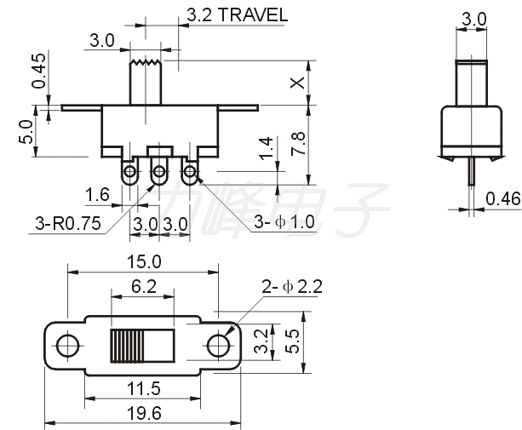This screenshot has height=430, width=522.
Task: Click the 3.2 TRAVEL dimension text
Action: [237, 15]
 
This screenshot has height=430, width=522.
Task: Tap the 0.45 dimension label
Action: [38, 71]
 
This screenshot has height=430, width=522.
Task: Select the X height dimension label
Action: [297, 83]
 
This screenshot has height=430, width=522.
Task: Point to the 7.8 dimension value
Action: [298, 143]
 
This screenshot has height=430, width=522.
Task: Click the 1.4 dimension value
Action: [267, 148]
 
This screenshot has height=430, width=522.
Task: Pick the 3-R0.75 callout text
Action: [68, 223]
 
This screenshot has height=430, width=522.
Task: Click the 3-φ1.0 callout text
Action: [284, 221]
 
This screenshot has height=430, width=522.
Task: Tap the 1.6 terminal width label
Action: [97, 194]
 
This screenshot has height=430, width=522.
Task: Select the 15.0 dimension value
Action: [144, 261]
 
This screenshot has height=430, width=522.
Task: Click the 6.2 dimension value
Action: [143, 286]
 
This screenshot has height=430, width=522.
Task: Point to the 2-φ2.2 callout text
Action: [292, 287]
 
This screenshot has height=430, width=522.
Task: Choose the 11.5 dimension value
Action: [143, 388]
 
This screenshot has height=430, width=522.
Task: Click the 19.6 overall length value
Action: [144, 413]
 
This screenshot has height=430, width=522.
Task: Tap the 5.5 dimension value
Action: [292, 341]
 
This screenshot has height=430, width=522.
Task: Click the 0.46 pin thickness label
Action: [502, 198]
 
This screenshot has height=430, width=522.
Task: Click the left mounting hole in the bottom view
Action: [67, 346]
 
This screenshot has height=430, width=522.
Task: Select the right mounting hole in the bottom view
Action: [218, 345]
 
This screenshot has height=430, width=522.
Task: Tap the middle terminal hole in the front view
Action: [159, 172]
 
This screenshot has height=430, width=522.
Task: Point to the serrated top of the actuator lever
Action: [146, 62]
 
